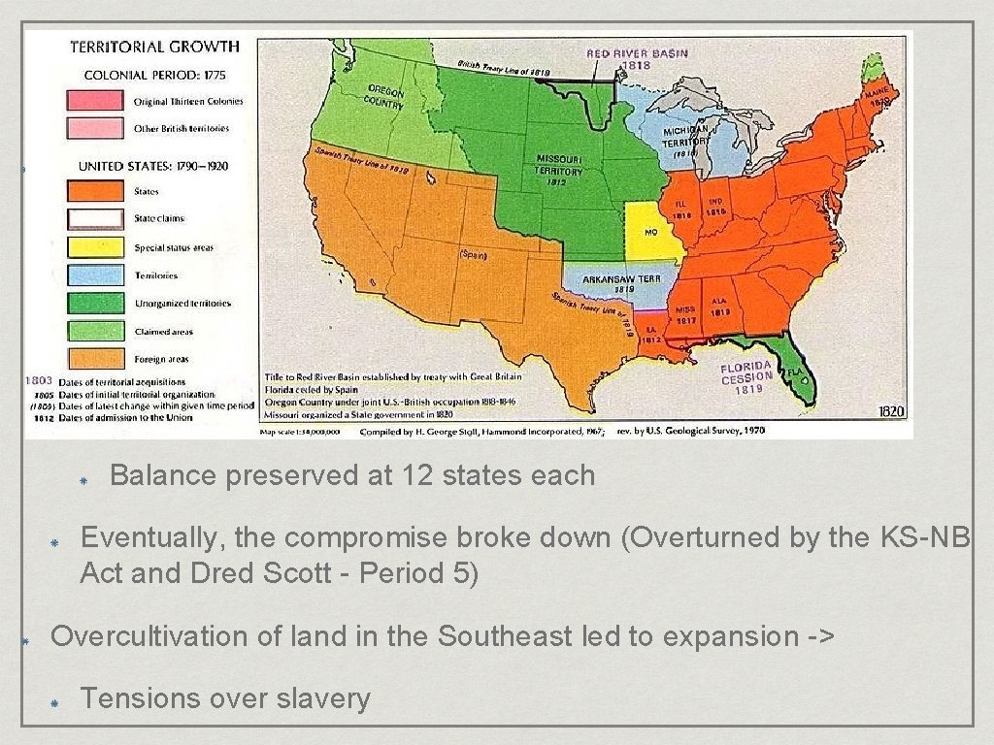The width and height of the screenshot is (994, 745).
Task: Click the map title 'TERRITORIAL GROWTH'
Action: click(154, 46)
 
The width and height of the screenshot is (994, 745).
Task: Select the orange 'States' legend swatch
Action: click(94, 191)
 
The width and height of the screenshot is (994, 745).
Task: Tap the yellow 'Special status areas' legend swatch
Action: click(94, 247)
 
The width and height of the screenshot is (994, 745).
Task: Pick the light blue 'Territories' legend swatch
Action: click(94, 275)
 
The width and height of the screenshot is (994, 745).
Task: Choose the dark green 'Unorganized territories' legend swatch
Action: click(94, 304)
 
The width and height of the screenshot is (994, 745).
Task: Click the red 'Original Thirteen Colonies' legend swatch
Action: click(94, 101)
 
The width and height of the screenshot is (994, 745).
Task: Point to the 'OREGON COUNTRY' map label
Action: click(384, 98)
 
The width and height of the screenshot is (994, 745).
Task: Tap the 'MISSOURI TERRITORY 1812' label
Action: click(559, 166)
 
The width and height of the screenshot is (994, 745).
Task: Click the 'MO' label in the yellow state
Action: click(649, 232)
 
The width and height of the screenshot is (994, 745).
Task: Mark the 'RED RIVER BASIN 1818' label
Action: click(636, 57)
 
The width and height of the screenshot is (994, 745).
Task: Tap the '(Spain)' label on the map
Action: click(473, 255)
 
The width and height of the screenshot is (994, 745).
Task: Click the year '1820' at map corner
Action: click(891, 411)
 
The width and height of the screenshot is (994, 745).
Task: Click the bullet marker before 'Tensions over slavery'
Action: click(57, 700)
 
